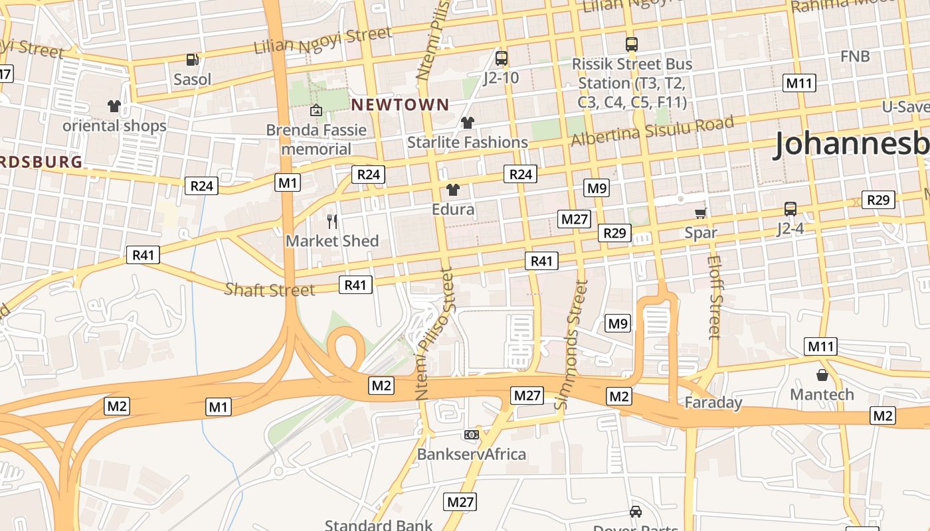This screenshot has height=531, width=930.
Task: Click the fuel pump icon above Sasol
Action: pos(193,60)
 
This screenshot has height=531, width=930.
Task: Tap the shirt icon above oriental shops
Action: pos(114,106)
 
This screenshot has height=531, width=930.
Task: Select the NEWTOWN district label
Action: pos(400,104)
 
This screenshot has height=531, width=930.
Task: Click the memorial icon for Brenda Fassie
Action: pos(316,110)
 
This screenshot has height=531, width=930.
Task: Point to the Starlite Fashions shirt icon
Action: pos(468,123)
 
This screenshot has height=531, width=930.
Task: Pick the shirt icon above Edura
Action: pos(453,190)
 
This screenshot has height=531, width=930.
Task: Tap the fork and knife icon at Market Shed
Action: pos(332,221)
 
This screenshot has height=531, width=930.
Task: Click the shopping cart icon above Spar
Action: pos(701,213)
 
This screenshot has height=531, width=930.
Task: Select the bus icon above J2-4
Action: pos(790,209)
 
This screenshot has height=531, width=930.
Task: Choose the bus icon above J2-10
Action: pos(501,58)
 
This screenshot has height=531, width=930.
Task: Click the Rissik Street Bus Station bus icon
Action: pos(631,44)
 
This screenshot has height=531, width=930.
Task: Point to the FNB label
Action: pos(855,56)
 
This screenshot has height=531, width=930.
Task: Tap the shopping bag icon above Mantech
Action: pos(822,375)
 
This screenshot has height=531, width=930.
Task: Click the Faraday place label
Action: pos(713,402)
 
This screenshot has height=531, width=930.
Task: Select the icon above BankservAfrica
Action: pos(471,435)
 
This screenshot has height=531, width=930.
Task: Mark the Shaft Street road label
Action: pos(270,289)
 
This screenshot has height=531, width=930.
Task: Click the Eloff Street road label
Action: pos(715,297)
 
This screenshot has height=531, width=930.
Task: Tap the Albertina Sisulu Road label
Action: pos(652,131)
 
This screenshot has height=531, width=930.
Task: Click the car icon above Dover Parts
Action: pos(636,512)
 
